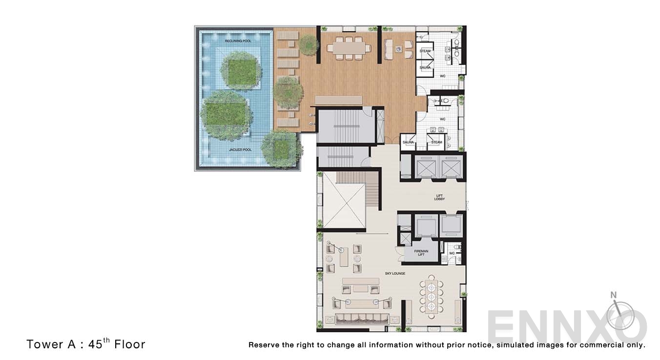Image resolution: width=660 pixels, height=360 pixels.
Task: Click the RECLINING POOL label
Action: click(x=238, y=41)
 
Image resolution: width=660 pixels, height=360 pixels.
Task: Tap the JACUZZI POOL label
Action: click(x=240, y=150)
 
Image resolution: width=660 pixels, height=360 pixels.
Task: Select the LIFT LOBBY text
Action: click(x=439, y=198)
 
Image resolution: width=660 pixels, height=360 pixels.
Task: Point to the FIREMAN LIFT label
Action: click(x=421, y=253)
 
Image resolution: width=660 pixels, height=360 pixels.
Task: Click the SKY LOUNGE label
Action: click(x=395, y=274)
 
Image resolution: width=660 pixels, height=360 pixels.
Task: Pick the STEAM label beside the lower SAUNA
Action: click(x=436, y=142)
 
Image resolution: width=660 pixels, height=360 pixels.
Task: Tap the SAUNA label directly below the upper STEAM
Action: click(x=425, y=67)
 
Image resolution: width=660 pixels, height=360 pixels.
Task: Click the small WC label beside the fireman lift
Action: click(x=452, y=253)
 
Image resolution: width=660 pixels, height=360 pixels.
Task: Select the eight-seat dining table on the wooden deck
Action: click(x=346, y=48)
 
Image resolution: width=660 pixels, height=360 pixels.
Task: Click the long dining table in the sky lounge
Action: click(x=431, y=294)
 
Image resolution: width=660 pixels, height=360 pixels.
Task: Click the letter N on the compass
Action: click(x=614, y=295)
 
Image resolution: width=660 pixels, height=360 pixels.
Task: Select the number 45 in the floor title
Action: click(x=95, y=344)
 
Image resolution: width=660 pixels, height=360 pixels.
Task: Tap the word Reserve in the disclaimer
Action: click(x=264, y=345)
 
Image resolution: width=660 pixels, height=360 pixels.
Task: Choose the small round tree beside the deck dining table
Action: click(x=309, y=45)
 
